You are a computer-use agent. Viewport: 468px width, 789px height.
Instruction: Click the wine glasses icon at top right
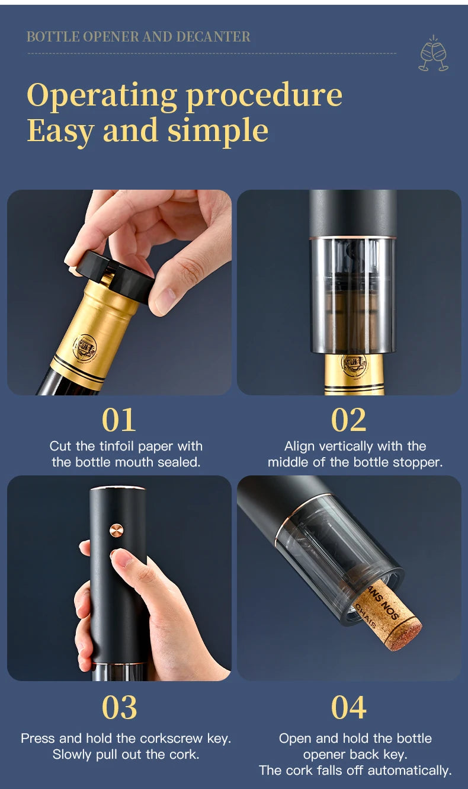pos(434,55)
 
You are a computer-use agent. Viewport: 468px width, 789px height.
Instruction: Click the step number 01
pos(119,420)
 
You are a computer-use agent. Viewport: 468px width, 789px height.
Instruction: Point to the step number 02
pos(349,420)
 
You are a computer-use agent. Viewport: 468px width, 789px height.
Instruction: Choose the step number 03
pos(119,707)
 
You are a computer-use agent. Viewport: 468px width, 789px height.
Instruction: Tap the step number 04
pos(349,707)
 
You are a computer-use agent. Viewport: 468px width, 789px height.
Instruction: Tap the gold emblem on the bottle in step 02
pos(354,364)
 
